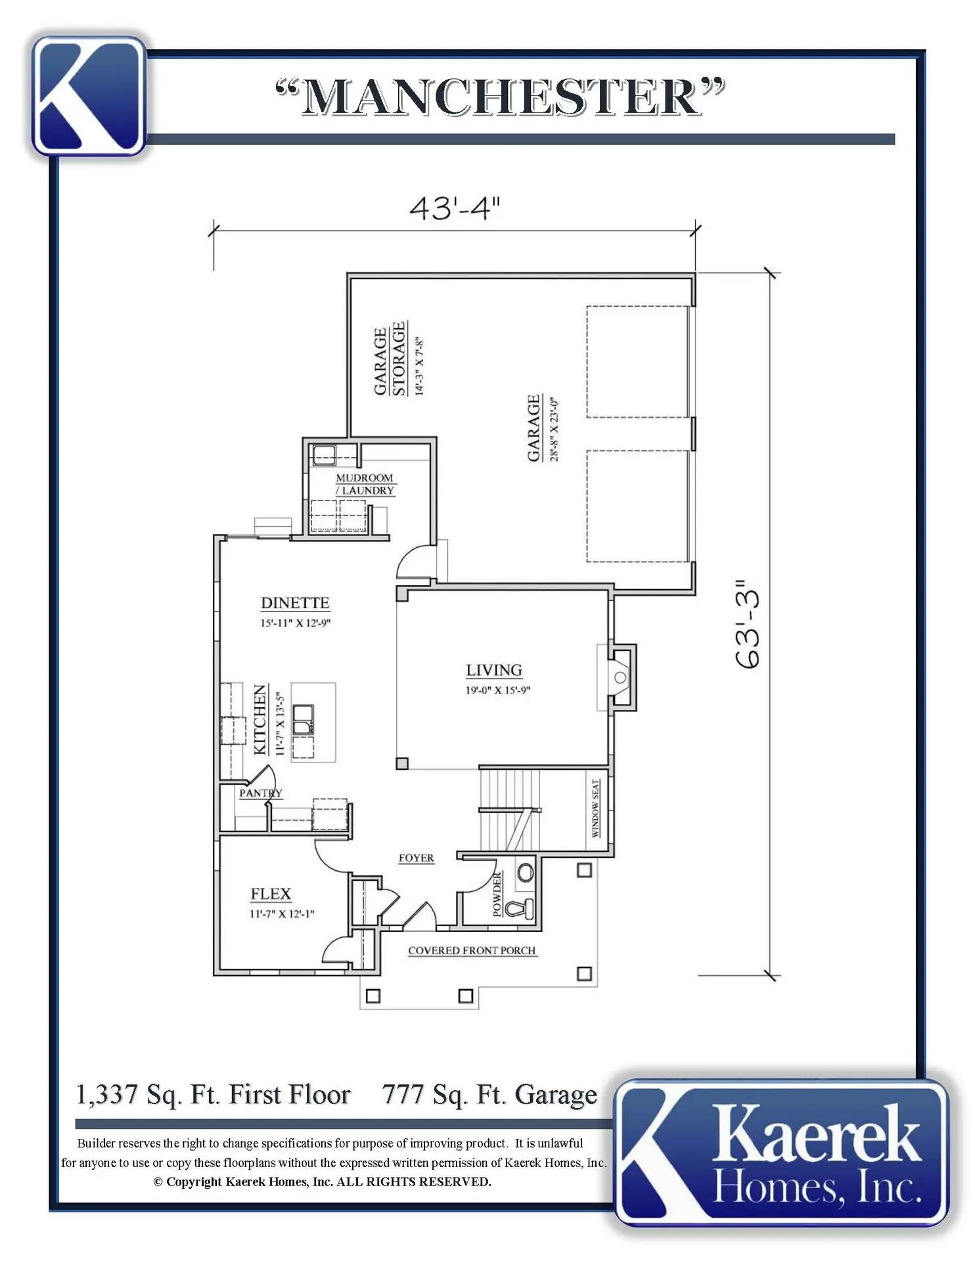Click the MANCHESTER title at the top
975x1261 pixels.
point(500,97)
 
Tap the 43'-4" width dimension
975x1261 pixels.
point(455,208)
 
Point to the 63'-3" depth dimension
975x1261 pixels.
point(748,624)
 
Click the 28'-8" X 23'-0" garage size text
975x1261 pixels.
point(554,429)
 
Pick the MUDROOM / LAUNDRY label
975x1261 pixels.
point(365,484)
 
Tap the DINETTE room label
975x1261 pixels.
point(295,603)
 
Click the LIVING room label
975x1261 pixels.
point(494,670)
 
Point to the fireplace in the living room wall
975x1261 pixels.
point(621,676)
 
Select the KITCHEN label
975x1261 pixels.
point(260,719)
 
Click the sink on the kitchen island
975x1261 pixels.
point(304,719)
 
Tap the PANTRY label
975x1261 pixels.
point(261,793)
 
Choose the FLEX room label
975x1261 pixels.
point(271,894)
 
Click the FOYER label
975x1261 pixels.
point(417,858)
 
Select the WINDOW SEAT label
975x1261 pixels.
point(595,808)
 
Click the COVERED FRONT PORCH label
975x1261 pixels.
point(472,950)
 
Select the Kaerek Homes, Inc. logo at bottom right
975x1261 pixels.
point(782,1153)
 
